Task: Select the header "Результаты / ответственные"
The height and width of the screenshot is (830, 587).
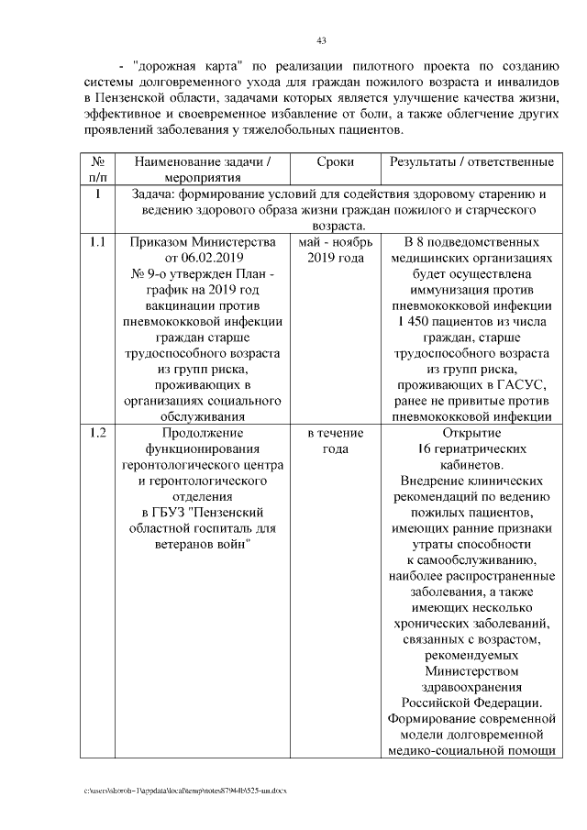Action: coord(471,162)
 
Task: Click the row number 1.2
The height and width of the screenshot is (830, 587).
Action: coord(97,433)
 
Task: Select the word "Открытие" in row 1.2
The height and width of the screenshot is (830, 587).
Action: coord(471,433)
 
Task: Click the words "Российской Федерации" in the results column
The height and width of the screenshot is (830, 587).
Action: coord(470,703)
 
